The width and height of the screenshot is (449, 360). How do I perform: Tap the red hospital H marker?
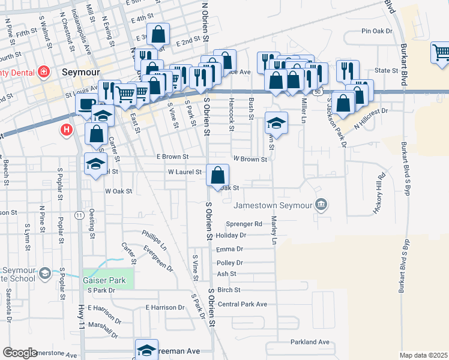pyautogui.click(x=67, y=129)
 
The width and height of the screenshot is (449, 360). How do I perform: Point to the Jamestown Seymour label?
pyautogui.click(x=273, y=205)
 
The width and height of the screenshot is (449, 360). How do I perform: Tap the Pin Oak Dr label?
pyautogui.click(x=377, y=31)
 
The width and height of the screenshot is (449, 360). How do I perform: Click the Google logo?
pyautogui.click(x=20, y=353)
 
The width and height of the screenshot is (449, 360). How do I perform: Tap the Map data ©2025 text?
pyautogui.click(x=424, y=355)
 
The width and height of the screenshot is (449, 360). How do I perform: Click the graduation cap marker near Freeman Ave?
pyautogui.click(x=146, y=350)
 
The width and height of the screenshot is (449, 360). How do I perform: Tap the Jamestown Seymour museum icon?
pyautogui.click(x=322, y=205)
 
